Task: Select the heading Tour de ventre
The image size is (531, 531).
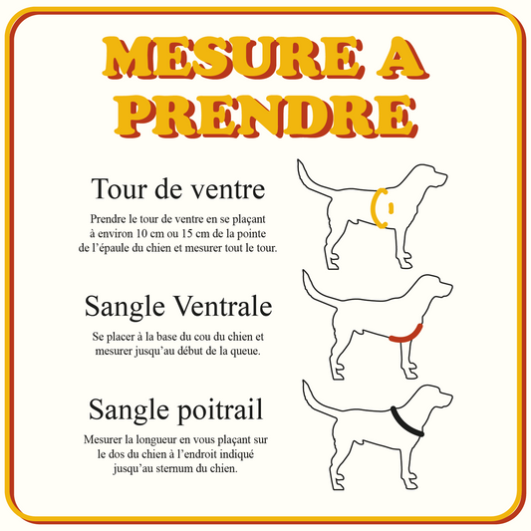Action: [176, 188]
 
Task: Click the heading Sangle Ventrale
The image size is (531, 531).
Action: [178, 304]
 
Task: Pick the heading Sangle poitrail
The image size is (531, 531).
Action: [178, 408]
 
